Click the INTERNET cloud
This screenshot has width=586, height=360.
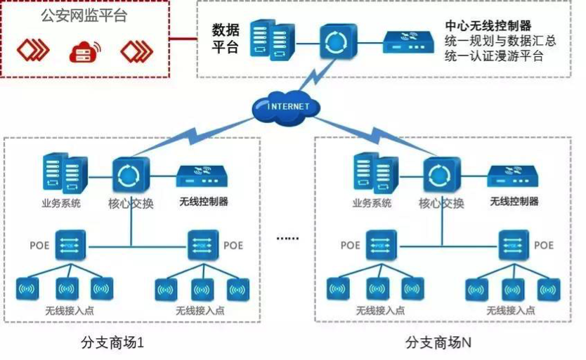coord(286,107)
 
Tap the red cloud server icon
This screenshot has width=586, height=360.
coord(85,51)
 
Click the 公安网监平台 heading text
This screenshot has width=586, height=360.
coord(84,15)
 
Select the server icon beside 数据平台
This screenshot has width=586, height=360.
coord(273,40)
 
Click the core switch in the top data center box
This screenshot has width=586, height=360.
coord(338,41)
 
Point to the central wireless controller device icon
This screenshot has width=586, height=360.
coord(408,42)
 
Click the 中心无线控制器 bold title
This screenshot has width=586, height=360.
coord(488,25)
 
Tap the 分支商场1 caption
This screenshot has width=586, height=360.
coord(112,342)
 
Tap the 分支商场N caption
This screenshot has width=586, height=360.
coord(438,342)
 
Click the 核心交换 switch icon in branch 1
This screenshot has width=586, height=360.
coord(131,175)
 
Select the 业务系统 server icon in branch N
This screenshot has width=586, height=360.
coord(376,172)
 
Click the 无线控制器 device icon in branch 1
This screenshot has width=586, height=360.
coord(202,176)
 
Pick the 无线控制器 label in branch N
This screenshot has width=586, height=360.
coord(514,202)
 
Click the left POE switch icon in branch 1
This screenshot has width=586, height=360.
coord(71,245)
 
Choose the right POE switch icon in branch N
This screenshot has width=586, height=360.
coord(514,245)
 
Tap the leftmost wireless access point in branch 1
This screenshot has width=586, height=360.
coord(27,288)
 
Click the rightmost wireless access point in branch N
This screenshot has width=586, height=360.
coord(549,290)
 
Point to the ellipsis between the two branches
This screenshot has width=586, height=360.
coord(287,238)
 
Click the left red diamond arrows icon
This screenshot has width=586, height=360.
coord(33,49)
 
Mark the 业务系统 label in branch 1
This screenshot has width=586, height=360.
coord(61,203)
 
